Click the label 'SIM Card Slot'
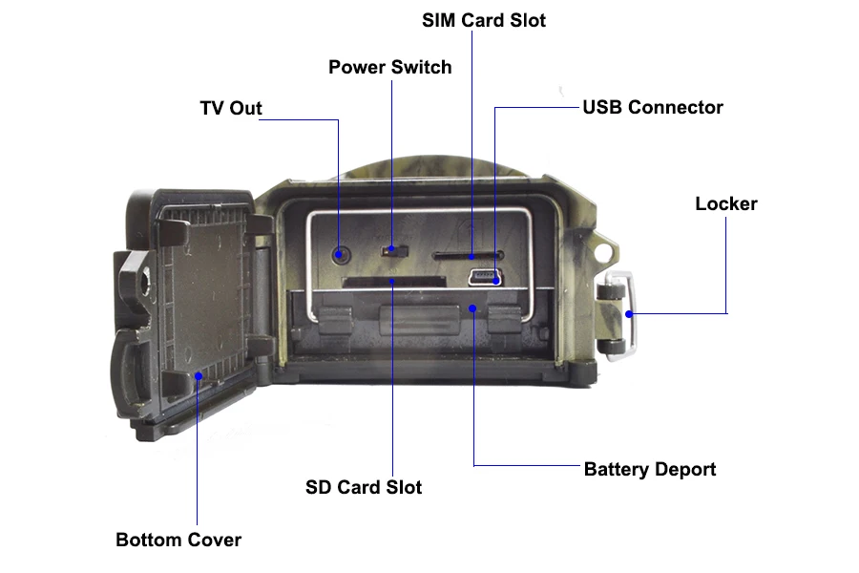tap(483, 20)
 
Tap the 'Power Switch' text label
tap(390, 67)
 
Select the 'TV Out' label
tap(231, 108)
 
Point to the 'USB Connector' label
tap(653, 108)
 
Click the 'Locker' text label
tap(726, 203)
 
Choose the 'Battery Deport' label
tap(650, 469)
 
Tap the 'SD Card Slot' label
tap(364, 487)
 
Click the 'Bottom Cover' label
tap(178, 540)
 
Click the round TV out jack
tap(340, 254)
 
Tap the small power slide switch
tap(394, 250)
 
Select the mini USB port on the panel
tap(485, 278)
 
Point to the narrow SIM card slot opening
tap(468, 256)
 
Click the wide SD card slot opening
tap(393, 283)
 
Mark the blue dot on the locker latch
tap(629, 314)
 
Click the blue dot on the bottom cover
tap(199, 376)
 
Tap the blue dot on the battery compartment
tap(472, 308)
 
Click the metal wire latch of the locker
tap(630, 315)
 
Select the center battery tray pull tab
tap(420, 320)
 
